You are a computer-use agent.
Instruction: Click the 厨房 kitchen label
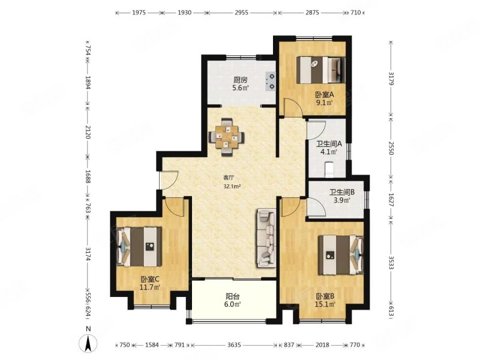point(241,80)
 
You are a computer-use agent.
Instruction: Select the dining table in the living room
point(227,137)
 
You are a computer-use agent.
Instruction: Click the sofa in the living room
point(266,238)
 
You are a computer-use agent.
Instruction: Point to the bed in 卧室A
point(321,70)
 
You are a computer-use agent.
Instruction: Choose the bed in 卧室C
point(139,247)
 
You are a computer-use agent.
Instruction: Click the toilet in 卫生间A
point(329,170)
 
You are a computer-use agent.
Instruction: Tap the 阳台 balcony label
point(233,296)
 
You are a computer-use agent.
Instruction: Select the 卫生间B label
point(341,192)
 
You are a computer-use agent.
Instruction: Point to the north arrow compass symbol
point(88,342)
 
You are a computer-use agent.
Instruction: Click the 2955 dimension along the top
point(242,13)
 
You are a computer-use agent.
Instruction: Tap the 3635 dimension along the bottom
point(234,345)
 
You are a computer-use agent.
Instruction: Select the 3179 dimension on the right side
point(391,79)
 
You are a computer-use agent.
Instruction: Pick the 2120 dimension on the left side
point(88,132)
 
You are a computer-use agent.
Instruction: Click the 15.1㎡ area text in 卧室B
point(325,304)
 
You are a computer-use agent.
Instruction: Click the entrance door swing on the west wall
point(169,179)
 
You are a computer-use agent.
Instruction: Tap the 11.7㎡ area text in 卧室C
point(150,287)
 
